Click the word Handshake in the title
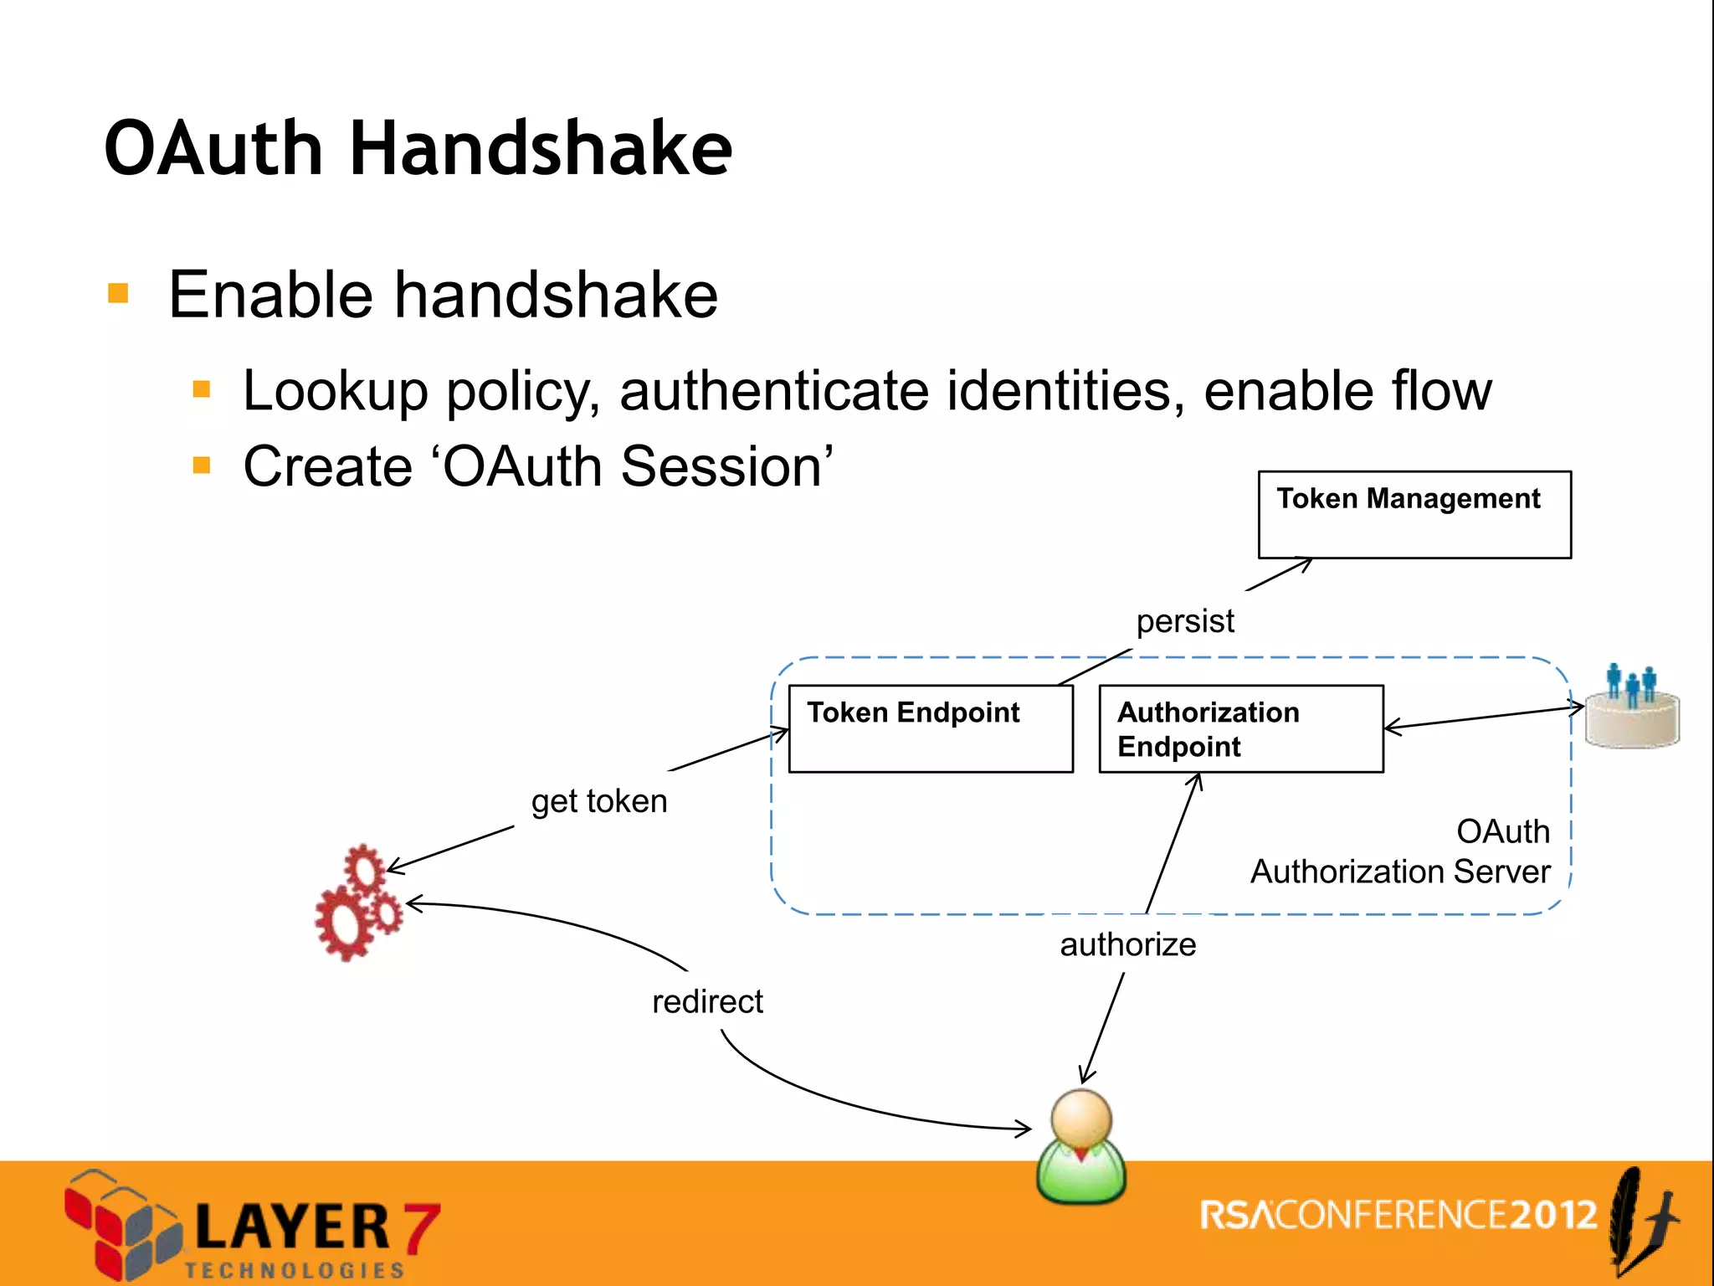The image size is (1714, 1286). pos(540,149)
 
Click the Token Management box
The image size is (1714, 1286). pos(1414,514)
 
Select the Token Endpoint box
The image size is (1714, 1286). pos(930,728)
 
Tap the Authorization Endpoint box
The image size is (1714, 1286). pos(1239,728)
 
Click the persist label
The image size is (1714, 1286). pos(1184,621)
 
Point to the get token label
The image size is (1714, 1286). pos(599,801)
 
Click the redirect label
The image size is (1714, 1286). pos(707,1001)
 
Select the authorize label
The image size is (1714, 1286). pos(1127,944)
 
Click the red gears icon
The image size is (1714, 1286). pos(359,903)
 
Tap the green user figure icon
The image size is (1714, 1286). pos(1081,1147)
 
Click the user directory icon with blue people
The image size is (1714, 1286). pos(1632,707)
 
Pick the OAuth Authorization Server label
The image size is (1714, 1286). pos(1401,851)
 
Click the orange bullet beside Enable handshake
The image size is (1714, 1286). pos(118,294)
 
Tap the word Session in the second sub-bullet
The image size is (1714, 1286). pos(726,466)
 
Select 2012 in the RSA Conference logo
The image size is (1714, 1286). pos(1553,1215)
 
